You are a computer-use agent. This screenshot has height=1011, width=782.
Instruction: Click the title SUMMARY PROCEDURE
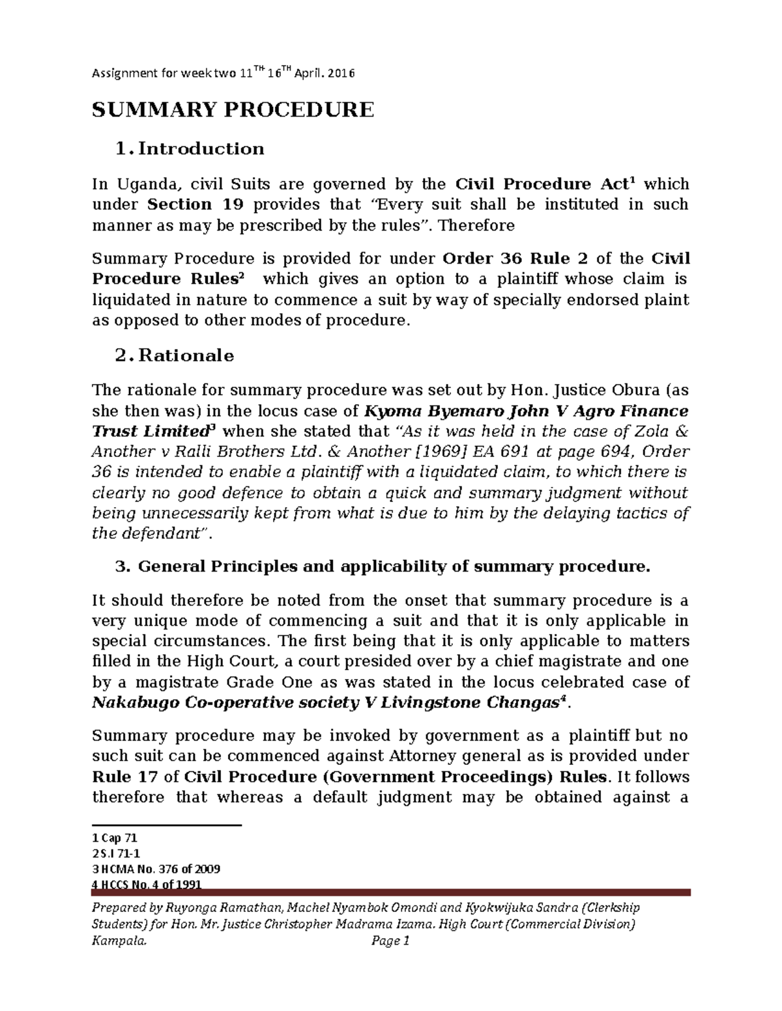click(x=233, y=109)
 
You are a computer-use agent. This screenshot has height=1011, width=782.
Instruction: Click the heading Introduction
click(x=201, y=149)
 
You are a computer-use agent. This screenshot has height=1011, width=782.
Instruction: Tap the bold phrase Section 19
click(x=195, y=204)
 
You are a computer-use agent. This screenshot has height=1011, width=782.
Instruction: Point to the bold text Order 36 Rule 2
click(x=515, y=258)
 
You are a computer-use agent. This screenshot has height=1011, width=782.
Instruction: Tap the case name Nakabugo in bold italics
click(x=135, y=703)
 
